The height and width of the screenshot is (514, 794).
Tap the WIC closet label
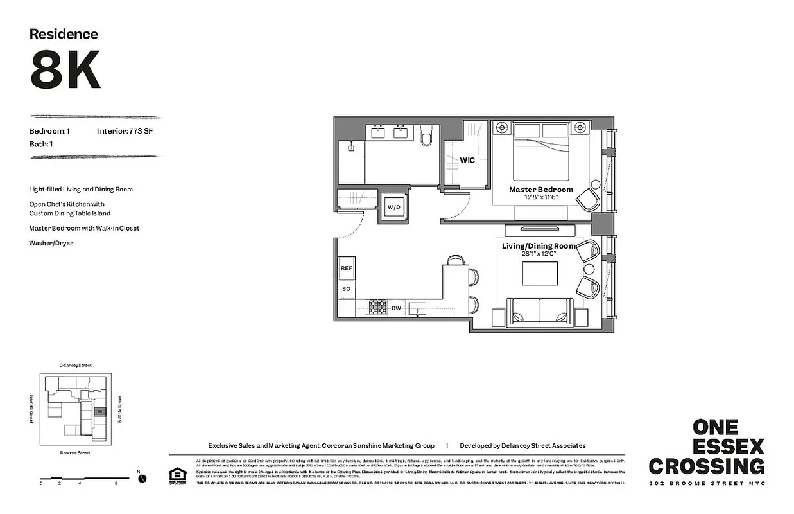[x=467, y=160]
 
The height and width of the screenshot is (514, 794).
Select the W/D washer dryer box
[x=393, y=207]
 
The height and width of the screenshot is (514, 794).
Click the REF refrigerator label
[x=346, y=268]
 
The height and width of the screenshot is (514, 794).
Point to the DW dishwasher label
[x=396, y=308]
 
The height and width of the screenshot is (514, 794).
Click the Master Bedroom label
[x=540, y=190]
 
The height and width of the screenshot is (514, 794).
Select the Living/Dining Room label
[x=539, y=245]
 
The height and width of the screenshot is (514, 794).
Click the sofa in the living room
[x=540, y=312]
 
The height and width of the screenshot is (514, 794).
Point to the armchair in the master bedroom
[x=587, y=199]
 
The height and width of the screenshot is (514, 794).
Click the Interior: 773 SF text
[x=125, y=131]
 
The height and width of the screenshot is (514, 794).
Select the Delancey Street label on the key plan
[x=75, y=365]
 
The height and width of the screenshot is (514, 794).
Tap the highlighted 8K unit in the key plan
[x=99, y=411]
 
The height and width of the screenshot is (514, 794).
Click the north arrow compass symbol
[x=142, y=478]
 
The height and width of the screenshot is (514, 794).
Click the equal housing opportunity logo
[x=175, y=475]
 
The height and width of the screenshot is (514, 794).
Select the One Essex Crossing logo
[x=706, y=448]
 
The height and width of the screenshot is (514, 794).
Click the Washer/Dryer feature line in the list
[x=51, y=243]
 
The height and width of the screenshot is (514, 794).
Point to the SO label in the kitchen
[x=346, y=289]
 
